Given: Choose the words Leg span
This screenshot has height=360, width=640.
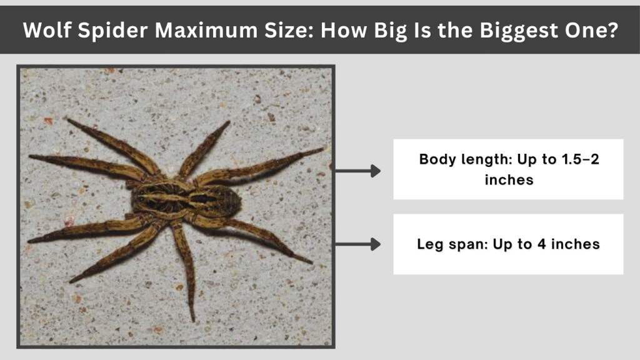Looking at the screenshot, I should pyautogui.click(x=444, y=244).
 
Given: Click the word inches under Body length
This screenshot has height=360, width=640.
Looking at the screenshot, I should pyautogui.click(x=508, y=180).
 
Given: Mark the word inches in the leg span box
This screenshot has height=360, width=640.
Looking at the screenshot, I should pyautogui.click(x=576, y=244).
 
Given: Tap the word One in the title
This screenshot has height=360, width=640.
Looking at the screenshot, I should pyautogui.click(x=581, y=30).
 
